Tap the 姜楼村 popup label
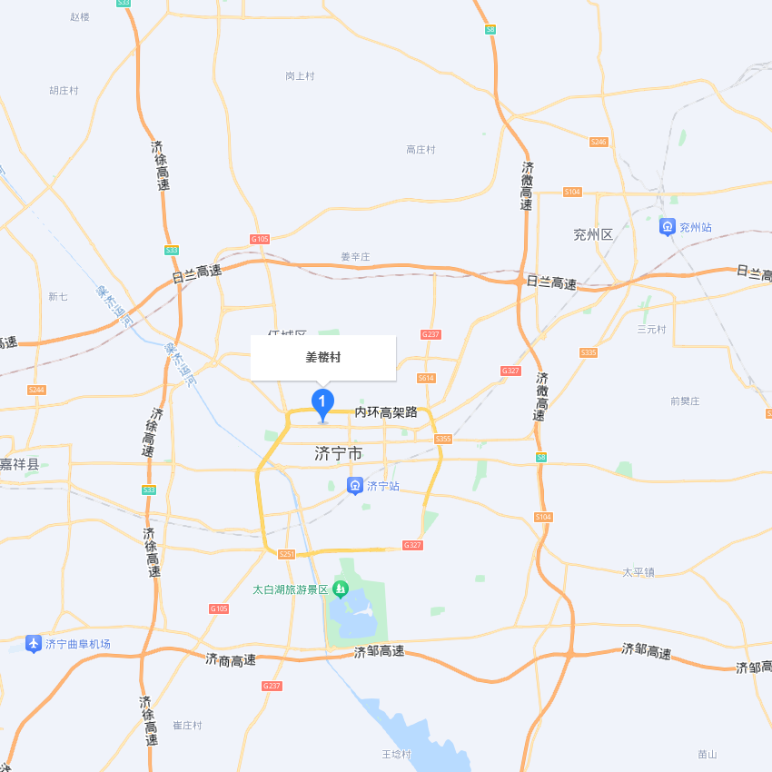point(323,358)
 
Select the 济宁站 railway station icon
point(355,486)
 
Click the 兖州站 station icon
point(668,226)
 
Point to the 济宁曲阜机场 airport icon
point(34,644)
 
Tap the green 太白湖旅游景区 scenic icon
point(341,589)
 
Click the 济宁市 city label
point(338,452)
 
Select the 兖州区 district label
point(593,234)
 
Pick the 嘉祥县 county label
point(19,464)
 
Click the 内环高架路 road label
point(386,412)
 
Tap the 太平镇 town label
point(638,572)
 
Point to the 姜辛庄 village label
point(355,257)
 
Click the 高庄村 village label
point(421,150)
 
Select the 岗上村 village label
point(300,76)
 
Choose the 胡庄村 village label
point(64,91)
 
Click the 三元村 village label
point(651,329)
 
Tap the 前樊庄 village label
point(685,401)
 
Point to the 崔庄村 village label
point(187,726)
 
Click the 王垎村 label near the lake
point(396,755)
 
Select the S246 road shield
point(599,142)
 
